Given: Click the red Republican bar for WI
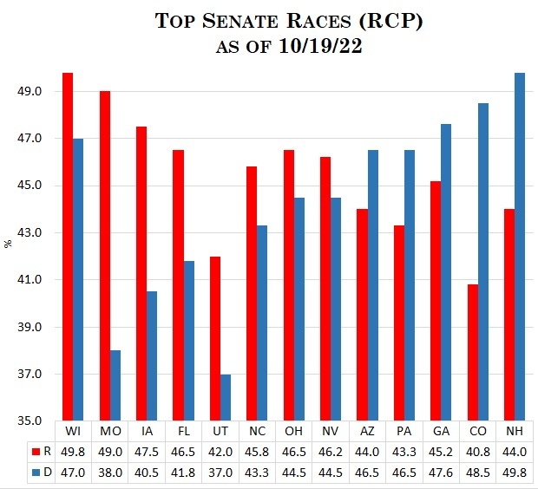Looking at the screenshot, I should [68, 247].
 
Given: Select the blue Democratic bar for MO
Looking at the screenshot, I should [115, 386].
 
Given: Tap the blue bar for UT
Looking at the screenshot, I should [226, 398].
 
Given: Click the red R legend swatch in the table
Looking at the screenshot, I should [35, 452].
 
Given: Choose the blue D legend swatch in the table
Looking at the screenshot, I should [35, 471].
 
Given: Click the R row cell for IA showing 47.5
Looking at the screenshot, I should [147, 452].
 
